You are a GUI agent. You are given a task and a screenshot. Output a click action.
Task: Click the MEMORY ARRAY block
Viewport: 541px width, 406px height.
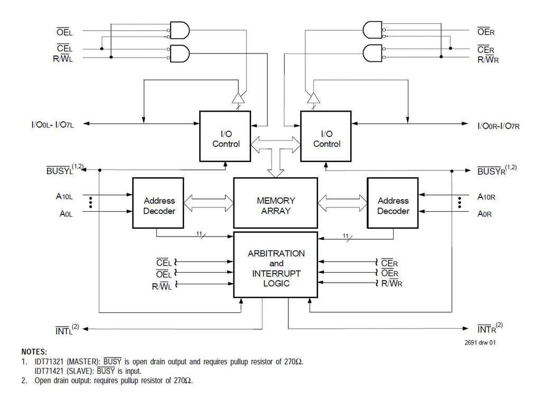pyautogui.click(x=275, y=203)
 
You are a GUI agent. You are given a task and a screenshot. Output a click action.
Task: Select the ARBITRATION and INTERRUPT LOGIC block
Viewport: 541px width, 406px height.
pyautogui.click(x=275, y=265)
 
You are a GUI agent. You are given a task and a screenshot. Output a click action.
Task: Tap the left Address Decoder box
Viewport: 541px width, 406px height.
pyautogui.click(x=158, y=203)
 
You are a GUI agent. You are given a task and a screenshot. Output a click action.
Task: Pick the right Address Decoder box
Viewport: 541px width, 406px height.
pyautogui.click(x=393, y=203)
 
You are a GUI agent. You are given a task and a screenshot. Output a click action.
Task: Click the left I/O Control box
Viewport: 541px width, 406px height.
pyautogui.click(x=225, y=136)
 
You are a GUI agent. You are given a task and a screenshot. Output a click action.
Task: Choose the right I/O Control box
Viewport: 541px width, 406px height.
pyautogui.click(x=325, y=136)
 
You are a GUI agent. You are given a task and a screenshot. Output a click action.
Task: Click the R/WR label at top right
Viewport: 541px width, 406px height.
pyautogui.click(x=488, y=59)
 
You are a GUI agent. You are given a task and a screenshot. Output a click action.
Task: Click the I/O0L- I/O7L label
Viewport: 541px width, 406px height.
pyautogui.click(x=52, y=124)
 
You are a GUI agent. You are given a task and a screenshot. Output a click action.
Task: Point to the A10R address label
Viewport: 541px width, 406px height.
pyautogui.click(x=486, y=197)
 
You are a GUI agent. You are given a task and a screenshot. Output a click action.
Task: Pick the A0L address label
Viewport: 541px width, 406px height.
pyautogui.click(x=66, y=214)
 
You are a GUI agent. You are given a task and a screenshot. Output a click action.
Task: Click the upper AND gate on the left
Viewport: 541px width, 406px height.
pyautogui.click(x=180, y=30)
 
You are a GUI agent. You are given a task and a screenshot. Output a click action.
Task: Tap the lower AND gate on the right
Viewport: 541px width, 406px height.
pyautogui.click(x=372, y=53)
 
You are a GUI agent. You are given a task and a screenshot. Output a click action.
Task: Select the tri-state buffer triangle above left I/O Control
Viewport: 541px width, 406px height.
pyautogui.click(x=238, y=98)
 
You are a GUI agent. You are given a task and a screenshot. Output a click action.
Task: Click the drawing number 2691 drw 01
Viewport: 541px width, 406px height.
pyautogui.click(x=480, y=342)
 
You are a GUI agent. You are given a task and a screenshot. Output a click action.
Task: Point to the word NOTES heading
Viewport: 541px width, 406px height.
pyautogui.click(x=34, y=351)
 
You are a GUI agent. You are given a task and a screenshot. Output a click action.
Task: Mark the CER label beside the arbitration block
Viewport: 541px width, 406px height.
pyautogui.click(x=389, y=263)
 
